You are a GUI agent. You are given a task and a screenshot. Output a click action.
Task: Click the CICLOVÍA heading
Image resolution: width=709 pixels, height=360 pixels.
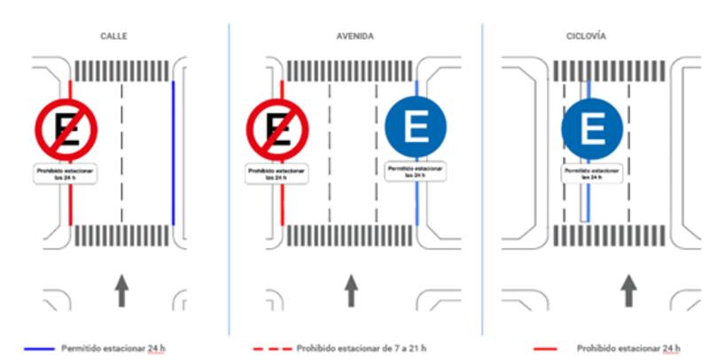point(586,35)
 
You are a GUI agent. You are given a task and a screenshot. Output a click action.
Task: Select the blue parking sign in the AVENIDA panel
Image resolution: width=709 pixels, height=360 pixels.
point(417,127)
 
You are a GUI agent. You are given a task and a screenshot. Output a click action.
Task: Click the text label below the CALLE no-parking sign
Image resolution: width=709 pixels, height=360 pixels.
point(64,173)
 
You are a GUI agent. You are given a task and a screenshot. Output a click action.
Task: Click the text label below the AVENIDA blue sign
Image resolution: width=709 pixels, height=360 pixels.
point(417,171)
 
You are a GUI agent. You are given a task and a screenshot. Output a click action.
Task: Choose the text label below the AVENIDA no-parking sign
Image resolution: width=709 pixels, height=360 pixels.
point(277,173)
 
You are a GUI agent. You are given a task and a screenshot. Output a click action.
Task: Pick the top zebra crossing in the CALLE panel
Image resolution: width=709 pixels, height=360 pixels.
point(121,69)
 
